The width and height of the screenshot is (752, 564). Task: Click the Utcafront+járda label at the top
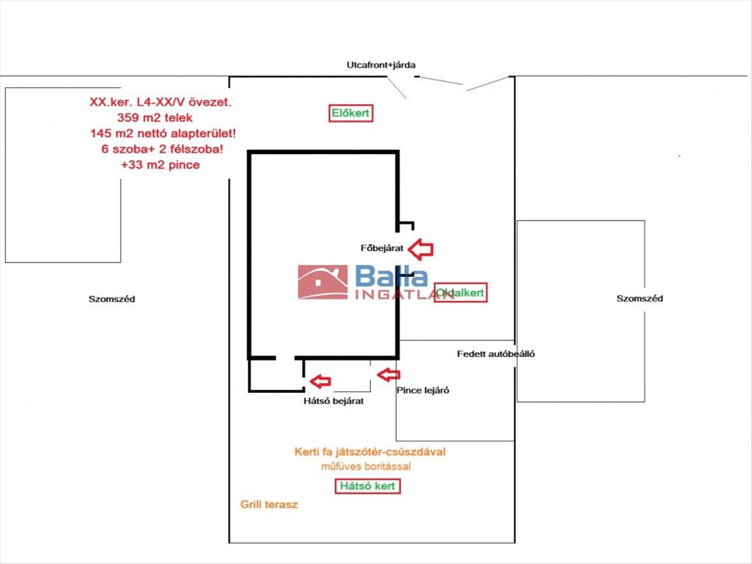pyautogui.click(x=381, y=65)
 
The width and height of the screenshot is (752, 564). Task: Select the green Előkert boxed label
pyautogui.click(x=350, y=113)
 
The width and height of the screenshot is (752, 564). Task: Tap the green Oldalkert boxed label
pyautogui.click(x=461, y=293)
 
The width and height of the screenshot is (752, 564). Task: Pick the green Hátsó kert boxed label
pyautogui.click(x=368, y=486)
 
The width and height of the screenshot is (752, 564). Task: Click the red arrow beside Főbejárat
pyautogui.click(x=420, y=249)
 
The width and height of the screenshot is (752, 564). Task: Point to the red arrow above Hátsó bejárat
pyautogui.click(x=320, y=380)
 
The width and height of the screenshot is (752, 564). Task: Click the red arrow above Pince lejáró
pyautogui.click(x=389, y=375)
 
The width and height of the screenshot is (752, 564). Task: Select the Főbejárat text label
pyautogui.click(x=382, y=248)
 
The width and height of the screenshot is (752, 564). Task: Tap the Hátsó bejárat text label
pyautogui.click(x=333, y=400)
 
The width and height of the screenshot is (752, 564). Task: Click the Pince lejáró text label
pyautogui.click(x=423, y=390)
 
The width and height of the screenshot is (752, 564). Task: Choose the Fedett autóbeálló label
pyautogui.click(x=496, y=353)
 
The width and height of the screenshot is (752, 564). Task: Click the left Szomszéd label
pyautogui.click(x=112, y=299)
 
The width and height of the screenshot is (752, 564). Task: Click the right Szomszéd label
pyautogui.click(x=640, y=298)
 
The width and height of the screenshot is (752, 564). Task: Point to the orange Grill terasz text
pyautogui.click(x=269, y=504)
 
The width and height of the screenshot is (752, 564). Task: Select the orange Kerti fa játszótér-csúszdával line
pyautogui.click(x=370, y=451)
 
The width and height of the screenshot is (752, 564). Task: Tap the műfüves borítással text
pyautogui.click(x=366, y=466)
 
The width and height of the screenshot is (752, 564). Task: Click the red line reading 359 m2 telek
pyautogui.click(x=154, y=117)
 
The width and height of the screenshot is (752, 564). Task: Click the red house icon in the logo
pyautogui.click(x=322, y=281)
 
